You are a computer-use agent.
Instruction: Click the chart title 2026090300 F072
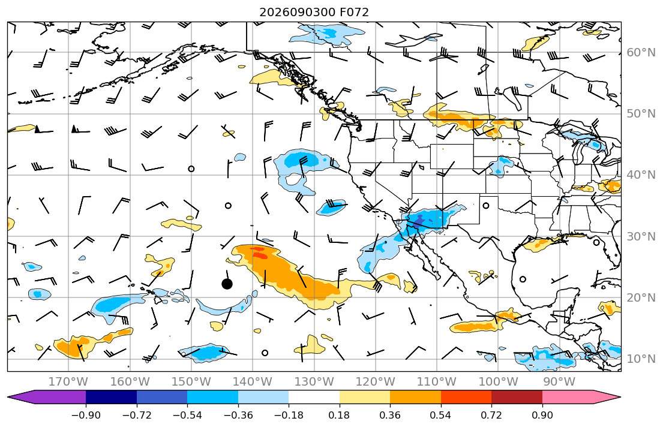[314, 12]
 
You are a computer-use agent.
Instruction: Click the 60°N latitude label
[641, 52]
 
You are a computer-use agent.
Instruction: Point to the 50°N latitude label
[641, 114]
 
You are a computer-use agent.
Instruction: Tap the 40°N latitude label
[641, 175]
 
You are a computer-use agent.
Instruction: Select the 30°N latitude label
[641, 236]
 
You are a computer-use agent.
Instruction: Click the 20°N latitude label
[641, 297]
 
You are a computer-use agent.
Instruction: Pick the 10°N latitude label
[641, 359]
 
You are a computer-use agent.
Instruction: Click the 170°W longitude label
[68, 382]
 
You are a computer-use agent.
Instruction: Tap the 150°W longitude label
[191, 382]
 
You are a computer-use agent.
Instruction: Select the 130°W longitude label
[314, 382]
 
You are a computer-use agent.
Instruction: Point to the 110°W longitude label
[437, 382]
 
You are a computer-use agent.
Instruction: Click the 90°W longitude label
[559, 382]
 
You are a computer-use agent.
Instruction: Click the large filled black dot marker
[227, 284]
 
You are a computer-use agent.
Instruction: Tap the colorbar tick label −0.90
[86, 415]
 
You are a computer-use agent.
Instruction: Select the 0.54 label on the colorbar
[440, 415]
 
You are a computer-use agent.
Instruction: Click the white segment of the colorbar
[314, 398]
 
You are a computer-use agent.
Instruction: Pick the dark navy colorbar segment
[111, 398]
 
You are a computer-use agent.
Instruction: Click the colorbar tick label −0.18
[289, 415]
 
